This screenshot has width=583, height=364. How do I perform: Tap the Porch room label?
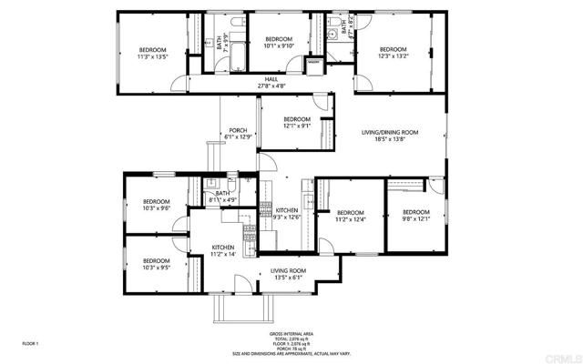[x=238, y=133]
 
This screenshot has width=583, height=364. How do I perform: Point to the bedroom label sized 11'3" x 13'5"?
[x=153, y=52]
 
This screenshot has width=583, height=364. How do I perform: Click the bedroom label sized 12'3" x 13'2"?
[x=393, y=52]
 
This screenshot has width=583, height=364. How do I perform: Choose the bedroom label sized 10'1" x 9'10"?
[x=278, y=42]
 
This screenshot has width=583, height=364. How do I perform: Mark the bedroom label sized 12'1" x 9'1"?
[x=296, y=123]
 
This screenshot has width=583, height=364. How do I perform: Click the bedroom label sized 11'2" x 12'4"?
[x=350, y=215]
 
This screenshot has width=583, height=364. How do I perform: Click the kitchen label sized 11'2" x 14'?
[x=224, y=250]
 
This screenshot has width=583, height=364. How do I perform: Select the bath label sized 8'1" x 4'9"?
[x=223, y=196]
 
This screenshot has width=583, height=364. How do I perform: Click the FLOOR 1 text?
[x=31, y=343]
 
